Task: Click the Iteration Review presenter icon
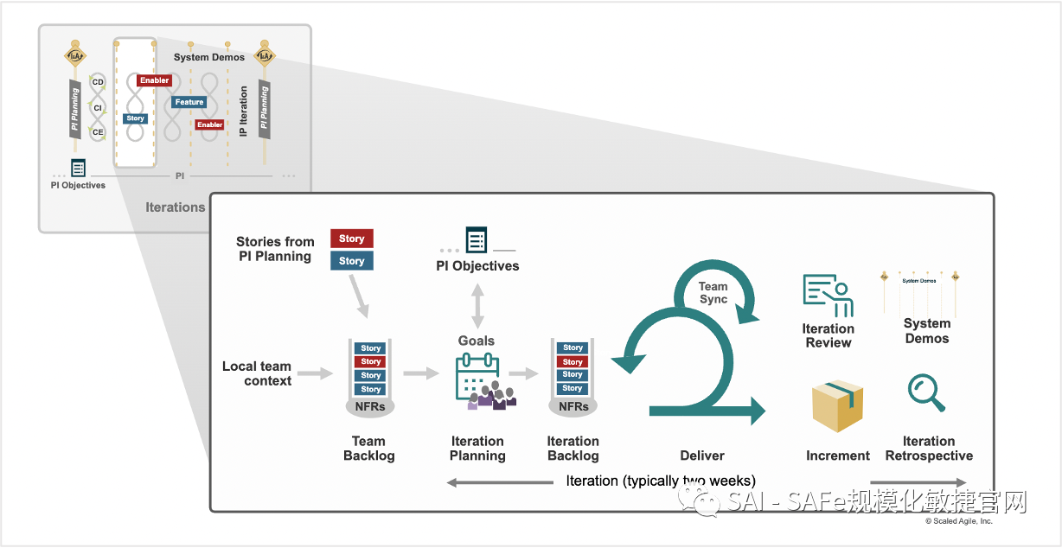pyautogui.click(x=828, y=296)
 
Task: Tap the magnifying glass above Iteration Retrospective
pyautogui.click(x=925, y=392)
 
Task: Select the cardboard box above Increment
pyautogui.click(x=837, y=405)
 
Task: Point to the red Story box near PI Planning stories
pyautogui.click(x=351, y=239)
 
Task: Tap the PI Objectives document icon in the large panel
pyautogui.click(x=477, y=239)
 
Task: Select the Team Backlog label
pyautogui.click(x=368, y=449)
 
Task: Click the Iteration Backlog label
pyautogui.click(x=573, y=449)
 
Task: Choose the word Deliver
pyautogui.click(x=702, y=456)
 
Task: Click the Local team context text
pyautogui.click(x=257, y=373)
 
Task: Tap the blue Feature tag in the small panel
pyautogui.click(x=189, y=102)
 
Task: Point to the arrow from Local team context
pyautogui.click(x=316, y=373)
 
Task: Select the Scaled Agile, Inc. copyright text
pyautogui.click(x=959, y=521)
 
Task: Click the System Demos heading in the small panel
pyautogui.click(x=209, y=57)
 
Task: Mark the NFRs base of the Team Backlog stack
pyautogui.click(x=371, y=406)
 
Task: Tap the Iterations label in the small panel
pyautogui.click(x=176, y=207)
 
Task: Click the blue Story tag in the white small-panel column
pyautogui.click(x=135, y=118)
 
